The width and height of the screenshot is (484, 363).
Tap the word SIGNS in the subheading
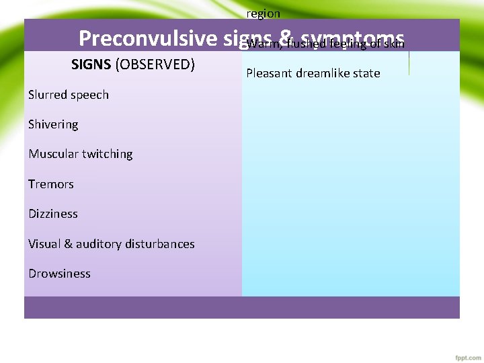(91, 65)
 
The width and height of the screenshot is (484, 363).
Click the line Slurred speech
(69, 95)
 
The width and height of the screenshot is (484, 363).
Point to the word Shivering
(53, 124)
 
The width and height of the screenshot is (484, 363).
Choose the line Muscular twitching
(81, 154)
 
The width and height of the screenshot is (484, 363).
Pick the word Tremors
(51, 184)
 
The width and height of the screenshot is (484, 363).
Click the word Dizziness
(53, 214)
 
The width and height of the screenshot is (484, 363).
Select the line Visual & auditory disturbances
(112, 244)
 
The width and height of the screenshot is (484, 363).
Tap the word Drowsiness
(59, 274)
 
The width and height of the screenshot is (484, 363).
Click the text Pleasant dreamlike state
(313, 73)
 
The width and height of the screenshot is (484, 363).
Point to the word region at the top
(264, 13)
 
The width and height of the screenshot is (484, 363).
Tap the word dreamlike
(323, 73)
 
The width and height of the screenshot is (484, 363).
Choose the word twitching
(107, 154)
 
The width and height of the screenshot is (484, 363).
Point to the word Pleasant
(270, 73)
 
